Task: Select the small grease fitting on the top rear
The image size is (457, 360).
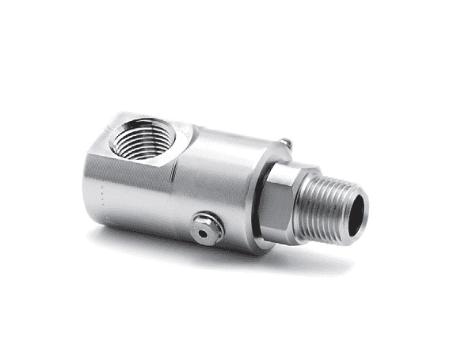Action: coord(286,143)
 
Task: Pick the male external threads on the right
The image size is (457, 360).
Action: coord(326,206)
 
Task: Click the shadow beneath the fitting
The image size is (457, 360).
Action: coord(238,261)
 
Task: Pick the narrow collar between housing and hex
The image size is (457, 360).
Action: coord(259,194)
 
